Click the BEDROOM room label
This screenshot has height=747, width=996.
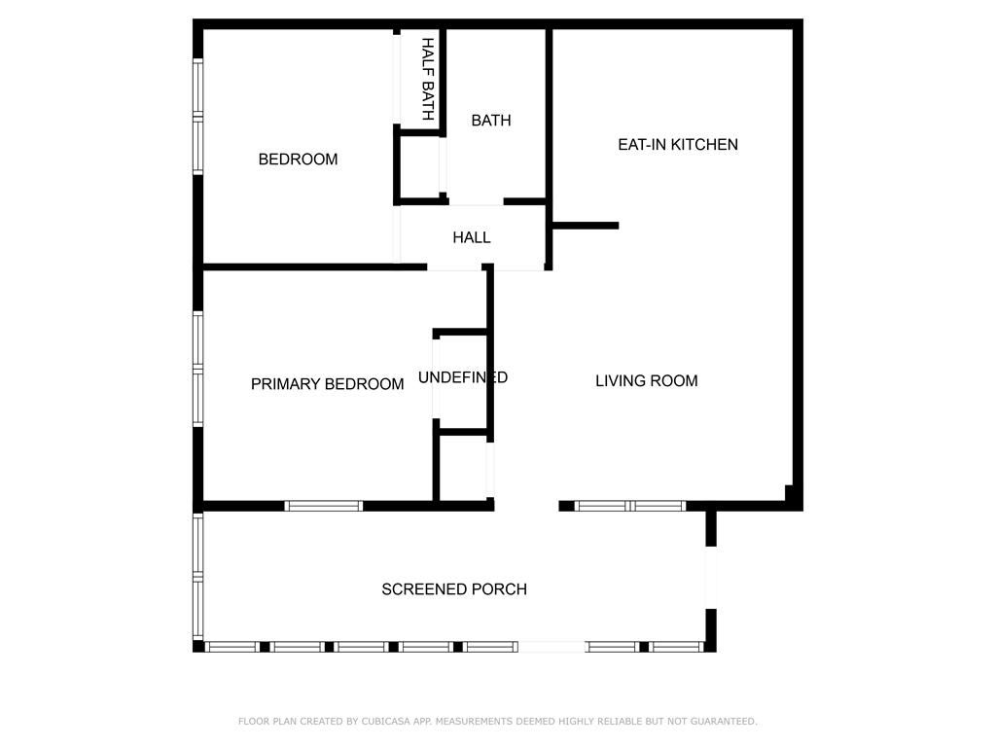(298, 160)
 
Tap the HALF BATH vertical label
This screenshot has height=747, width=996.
(427, 80)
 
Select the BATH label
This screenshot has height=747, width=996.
(491, 121)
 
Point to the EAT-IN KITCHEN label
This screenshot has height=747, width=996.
(678, 145)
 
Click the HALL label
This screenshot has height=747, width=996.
(472, 237)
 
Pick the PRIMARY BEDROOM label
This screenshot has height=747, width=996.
(327, 384)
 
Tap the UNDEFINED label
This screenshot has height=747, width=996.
(463, 377)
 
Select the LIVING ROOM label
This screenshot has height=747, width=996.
(646, 381)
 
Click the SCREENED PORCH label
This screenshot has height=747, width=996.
(454, 589)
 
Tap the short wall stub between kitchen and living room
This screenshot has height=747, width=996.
(585, 226)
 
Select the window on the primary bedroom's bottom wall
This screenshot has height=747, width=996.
(323, 506)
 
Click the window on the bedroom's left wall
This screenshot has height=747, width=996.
(197, 117)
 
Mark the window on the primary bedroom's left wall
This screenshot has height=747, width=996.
(197, 369)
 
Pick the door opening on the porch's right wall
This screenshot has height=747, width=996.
(711, 578)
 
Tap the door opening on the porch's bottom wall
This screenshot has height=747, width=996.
(551, 647)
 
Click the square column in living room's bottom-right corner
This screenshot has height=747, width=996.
(792, 495)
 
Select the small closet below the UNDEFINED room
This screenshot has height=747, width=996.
(464, 467)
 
